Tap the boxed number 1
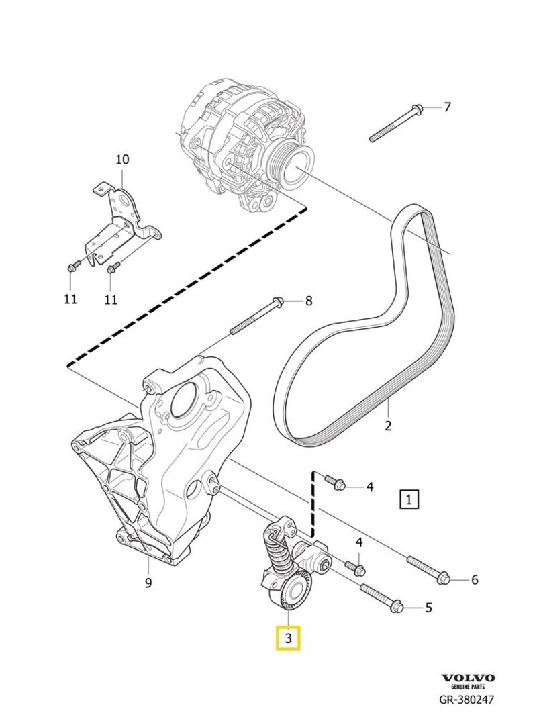click(409, 499)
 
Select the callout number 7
click(447, 107)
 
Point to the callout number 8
click(308, 301)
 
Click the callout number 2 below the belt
click(387, 425)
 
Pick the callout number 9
click(149, 583)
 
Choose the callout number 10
click(122, 160)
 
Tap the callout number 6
click(474, 579)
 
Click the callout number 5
click(428, 608)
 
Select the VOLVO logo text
click(467, 678)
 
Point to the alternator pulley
click(293, 166)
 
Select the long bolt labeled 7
click(396, 124)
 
